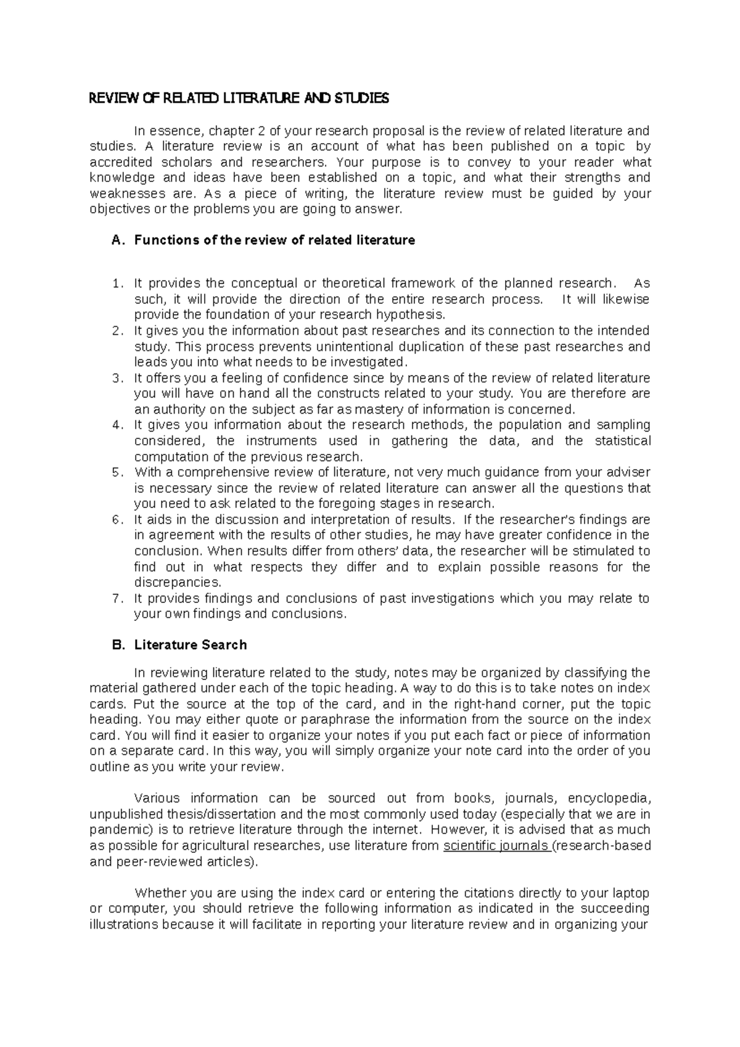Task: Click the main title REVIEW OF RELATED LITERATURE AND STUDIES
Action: [239, 99]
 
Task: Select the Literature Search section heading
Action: [191, 645]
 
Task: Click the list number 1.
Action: [117, 284]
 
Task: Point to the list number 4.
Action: [117, 425]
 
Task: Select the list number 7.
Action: [117, 599]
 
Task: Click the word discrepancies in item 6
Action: [177, 583]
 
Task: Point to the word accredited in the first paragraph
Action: [120, 163]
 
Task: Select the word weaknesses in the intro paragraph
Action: [127, 194]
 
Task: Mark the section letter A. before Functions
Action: [117, 240]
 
